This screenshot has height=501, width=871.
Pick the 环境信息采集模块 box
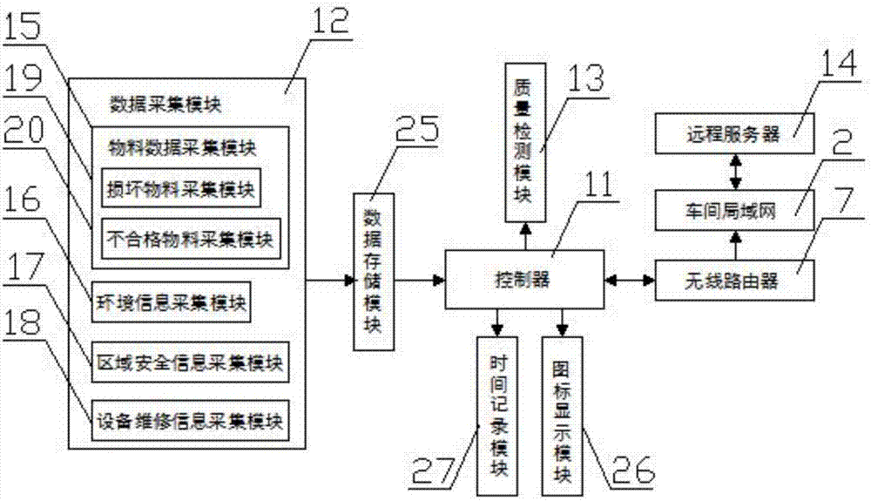[170, 302]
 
